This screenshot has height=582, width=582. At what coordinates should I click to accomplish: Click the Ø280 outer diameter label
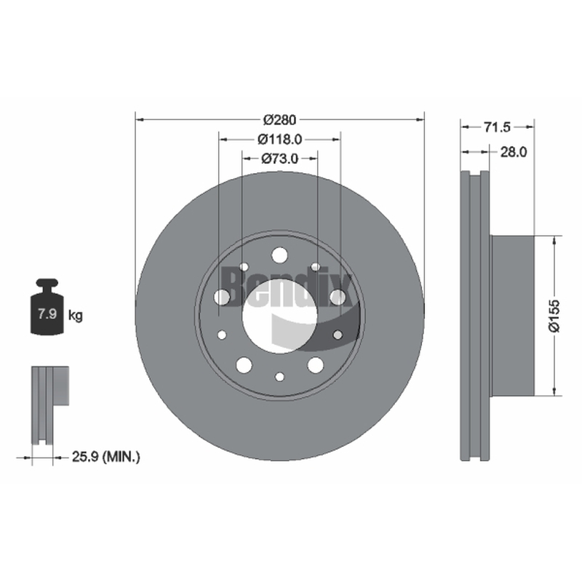(x=280, y=119)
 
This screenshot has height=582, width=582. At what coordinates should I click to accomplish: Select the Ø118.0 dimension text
(x=280, y=139)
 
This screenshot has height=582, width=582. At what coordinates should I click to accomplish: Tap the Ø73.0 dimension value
(x=280, y=159)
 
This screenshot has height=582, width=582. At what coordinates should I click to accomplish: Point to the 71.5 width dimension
(x=497, y=127)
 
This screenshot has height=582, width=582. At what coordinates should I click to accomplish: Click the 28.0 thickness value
(x=514, y=152)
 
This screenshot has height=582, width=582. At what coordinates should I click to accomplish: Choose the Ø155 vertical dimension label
(x=554, y=316)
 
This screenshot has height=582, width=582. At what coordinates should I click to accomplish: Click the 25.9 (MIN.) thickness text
(x=106, y=457)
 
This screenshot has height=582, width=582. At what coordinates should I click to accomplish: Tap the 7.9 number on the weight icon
(x=47, y=314)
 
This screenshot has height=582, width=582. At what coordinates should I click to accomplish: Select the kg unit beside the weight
(x=76, y=316)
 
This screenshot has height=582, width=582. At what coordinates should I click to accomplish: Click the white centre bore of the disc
(x=279, y=316)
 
